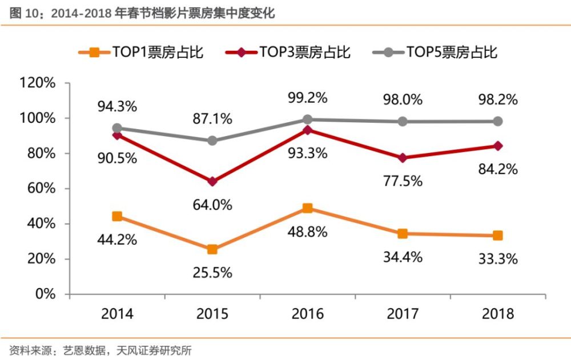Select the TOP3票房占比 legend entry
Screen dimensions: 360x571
288,53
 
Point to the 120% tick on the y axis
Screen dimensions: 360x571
38,83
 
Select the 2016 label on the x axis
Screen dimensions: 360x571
307,314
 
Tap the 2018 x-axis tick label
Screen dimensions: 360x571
497,314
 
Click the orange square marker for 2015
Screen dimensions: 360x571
212,250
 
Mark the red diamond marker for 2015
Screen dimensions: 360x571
212,182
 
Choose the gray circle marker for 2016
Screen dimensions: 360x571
307,119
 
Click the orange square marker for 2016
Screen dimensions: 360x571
307,209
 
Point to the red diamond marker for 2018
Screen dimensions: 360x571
497,146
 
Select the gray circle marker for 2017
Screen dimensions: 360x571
403,122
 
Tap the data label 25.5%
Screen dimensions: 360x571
212,273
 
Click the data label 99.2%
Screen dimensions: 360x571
307,98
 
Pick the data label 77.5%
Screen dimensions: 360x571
403,181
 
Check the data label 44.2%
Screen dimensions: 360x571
117,239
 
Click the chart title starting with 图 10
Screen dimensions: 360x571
142,13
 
